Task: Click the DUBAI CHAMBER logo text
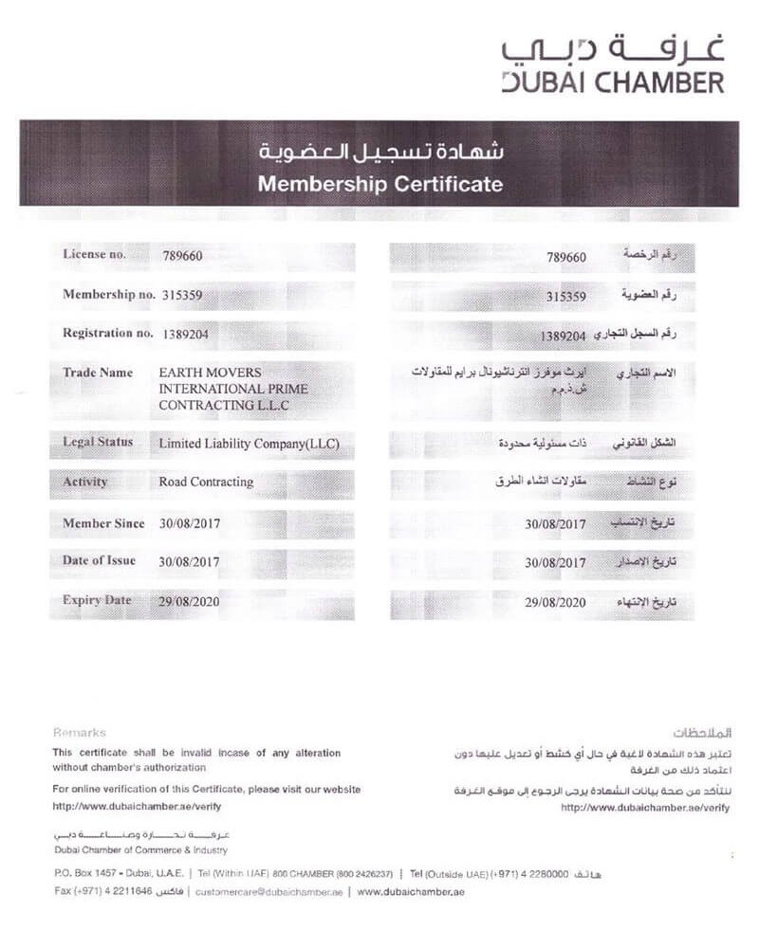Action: coord(613,82)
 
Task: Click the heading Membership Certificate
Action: coord(379,183)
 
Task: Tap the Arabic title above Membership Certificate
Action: coord(379,152)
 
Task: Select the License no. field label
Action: coord(93,254)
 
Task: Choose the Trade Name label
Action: coord(98,373)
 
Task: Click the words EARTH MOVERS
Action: coord(210,373)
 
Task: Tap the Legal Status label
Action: coord(98,442)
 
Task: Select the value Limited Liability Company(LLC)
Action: coord(249,443)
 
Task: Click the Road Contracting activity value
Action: coord(206,482)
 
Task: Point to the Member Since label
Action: coord(103,523)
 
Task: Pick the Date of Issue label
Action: coord(99,560)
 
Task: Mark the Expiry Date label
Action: coord(97,600)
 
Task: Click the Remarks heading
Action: coord(80,733)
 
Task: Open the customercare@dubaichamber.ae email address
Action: coord(268,892)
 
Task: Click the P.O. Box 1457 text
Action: coord(90,873)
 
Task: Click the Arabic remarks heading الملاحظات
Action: coord(701,734)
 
